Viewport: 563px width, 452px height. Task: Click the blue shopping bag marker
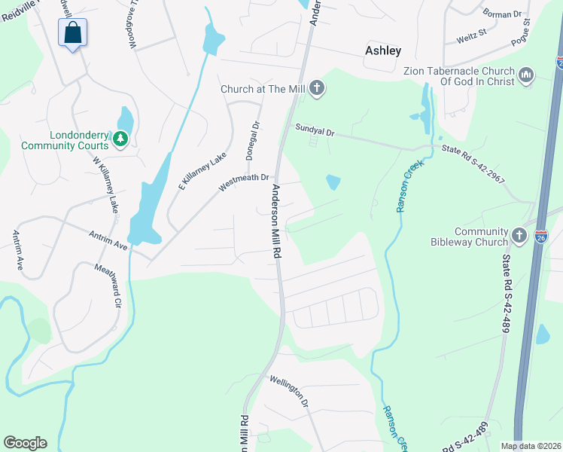pyautogui.click(x=72, y=33)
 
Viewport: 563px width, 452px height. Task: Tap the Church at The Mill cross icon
pyautogui.click(x=317, y=89)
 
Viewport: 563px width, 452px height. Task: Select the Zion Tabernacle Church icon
pyautogui.click(x=526, y=75)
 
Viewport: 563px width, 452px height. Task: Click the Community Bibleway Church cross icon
pyautogui.click(x=519, y=236)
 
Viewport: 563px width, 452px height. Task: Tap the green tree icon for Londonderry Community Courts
pyautogui.click(x=119, y=139)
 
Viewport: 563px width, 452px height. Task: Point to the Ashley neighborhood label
pyautogui.click(x=383, y=50)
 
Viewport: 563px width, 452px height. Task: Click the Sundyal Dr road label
pyautogui.click(x=315, y=131)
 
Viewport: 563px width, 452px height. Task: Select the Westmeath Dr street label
pyautogui.click(x=243, y=182)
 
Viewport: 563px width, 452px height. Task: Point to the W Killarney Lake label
pyautogui.click(x=106, y=184)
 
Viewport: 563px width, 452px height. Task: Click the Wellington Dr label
pyautogui.click(x=289, y=392)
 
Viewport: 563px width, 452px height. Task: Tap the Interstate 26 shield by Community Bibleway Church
pyautogui.click(x=540, y=236)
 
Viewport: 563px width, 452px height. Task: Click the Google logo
pyautogui.click(x=25, y=443)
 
